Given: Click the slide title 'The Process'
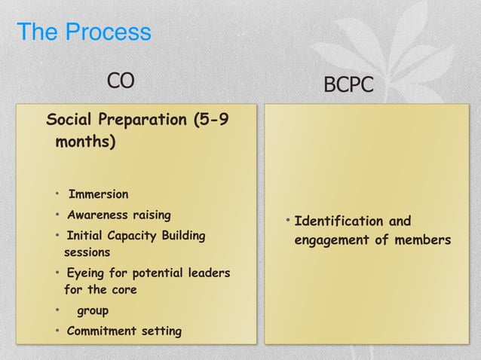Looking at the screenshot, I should coord(83,33).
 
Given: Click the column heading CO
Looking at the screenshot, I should coord(120,80).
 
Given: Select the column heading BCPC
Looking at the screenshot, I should coord(348,85).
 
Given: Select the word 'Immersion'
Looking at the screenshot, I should coord(98,194).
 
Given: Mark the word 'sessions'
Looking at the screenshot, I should coord(87,252).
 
